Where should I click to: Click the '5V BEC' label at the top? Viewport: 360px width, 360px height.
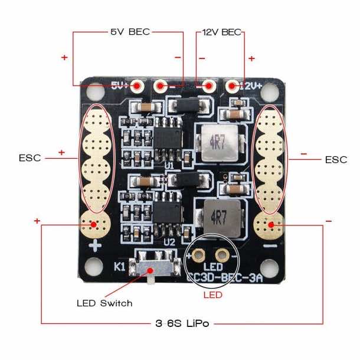[x=130, y=31]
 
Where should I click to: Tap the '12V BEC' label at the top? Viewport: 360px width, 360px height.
[x=222, y=32]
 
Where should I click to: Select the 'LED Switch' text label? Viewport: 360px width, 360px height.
[x=104, y=303]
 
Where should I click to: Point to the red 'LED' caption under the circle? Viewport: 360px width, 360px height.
[x=213, y=294]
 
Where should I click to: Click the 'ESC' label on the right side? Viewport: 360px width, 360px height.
[x=336, y=159]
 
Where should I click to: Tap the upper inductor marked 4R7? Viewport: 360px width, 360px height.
[x=214, y=143]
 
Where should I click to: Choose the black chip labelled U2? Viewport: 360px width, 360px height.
[x=168, y=211]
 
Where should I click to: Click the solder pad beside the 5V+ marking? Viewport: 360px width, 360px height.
[x=137, y=87]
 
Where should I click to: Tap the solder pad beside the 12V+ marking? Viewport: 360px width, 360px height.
[x=232, y=87]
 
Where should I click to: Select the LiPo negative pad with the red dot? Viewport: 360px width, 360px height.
[x=271, y=224]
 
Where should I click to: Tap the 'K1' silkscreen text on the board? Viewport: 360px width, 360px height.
[x=118, y=267]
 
